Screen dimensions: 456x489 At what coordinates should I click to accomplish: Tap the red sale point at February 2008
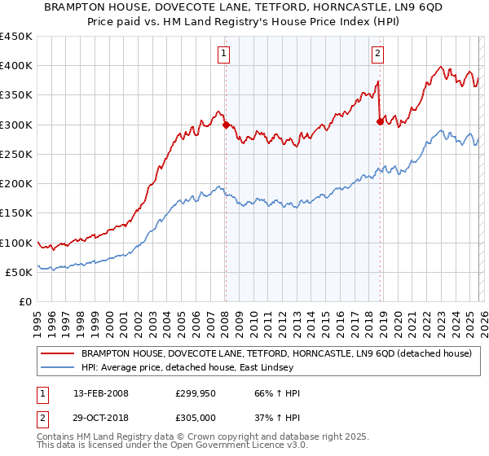226,125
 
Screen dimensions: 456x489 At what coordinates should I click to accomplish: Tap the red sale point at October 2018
380,122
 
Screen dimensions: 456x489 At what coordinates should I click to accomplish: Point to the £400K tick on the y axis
17,66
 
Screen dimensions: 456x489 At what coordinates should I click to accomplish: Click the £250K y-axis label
17,155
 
